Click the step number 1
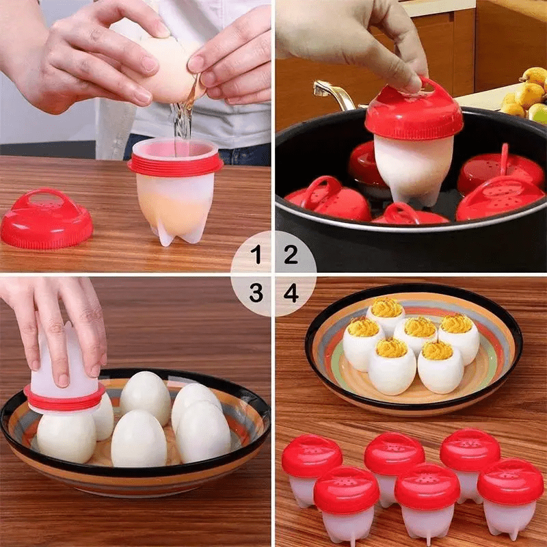point(256,256)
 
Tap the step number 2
point(291,256)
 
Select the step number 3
point(256,293)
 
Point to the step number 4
point(291,293)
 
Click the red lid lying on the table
point(46,219)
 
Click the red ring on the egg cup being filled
point(176,165)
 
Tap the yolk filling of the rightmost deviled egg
point(457,323)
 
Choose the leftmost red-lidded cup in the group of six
point(311,465)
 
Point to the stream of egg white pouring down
point(182,123)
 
